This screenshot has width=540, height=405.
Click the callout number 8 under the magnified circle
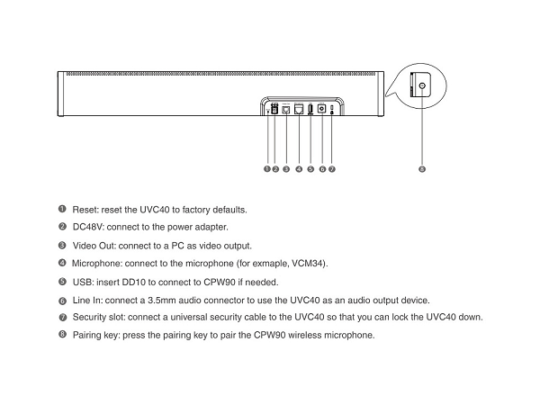click(x=422, y=168)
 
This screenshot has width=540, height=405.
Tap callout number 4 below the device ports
click(x=298, y=168)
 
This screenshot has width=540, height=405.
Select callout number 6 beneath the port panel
click(x=322, y=168)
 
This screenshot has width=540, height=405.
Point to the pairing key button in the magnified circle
click(x=420, y=86)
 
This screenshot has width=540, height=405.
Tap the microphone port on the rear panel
click(x=298, y=109)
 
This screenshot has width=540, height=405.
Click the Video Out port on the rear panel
click(x=285, y=109)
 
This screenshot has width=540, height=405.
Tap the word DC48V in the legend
click(x=88, y=227)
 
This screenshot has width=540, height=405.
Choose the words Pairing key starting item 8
click(x=96, y=335)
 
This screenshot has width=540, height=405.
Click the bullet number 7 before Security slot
click(x=62, y=318)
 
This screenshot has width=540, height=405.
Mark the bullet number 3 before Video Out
click(x=62, y=245)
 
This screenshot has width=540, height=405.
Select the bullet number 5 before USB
click(x=62, y=281)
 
